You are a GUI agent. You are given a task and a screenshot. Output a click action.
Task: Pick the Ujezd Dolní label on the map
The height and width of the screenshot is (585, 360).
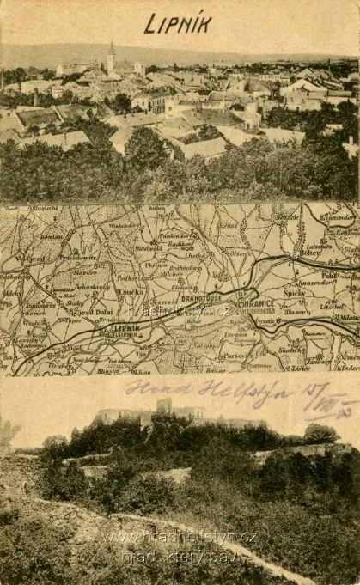pos(91,313)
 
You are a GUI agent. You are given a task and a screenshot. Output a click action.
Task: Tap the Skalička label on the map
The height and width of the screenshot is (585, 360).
pos(292,350)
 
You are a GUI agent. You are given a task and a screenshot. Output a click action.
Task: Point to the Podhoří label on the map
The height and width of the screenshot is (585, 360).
pos(130,278)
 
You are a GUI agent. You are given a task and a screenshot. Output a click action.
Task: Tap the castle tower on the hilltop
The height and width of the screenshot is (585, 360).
pos(163,405)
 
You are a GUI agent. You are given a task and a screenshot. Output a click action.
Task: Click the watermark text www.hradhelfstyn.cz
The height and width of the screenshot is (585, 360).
pos(180,539)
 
